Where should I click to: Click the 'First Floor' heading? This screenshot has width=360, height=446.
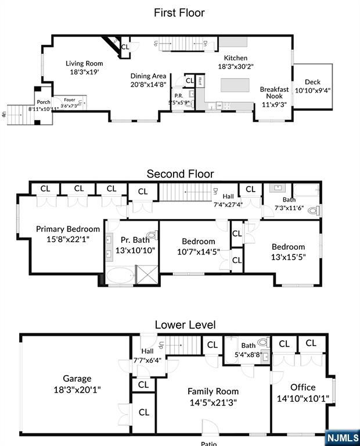click(x=179, y=12)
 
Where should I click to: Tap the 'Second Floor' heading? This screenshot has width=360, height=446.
click(x=180, y=174)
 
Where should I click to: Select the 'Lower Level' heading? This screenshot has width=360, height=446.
click(x=185, y=325)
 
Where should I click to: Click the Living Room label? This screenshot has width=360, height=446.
click(x=84, y=64)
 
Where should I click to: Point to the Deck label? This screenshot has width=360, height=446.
click(x=312, y=82)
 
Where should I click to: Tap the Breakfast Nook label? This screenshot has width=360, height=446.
click(x=274, y=93)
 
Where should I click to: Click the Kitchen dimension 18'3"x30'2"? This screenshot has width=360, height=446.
click(x=232, y=67)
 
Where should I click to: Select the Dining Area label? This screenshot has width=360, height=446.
click(x=148, y=76)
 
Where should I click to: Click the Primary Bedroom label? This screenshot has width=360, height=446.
click(x=68, y=229)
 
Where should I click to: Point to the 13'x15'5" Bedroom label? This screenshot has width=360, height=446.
click(x=288, y=247)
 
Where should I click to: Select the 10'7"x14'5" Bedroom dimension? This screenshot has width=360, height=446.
click(x=198, y=252)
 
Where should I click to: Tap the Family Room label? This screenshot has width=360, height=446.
click(x=213, y=391)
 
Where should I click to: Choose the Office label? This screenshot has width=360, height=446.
click(x=303, y=387)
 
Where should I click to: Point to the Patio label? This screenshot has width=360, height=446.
click(x=208, y=443)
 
